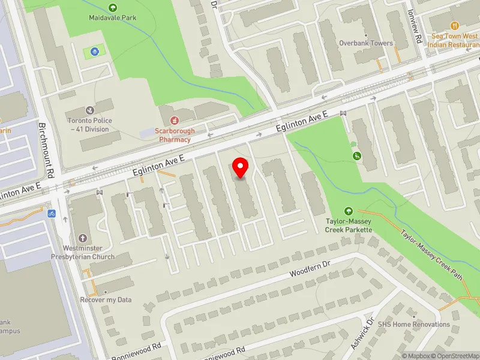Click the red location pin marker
[x=241, y=167]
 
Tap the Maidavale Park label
[x=113, y=18]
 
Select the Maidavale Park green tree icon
[x=113, y=7]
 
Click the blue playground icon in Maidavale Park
[x=94, y=52]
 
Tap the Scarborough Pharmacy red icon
[x=175, y=120]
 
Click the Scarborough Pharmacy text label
[x=175, y=135]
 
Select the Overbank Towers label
[x=365, y=43]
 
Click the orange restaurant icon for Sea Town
[x=454, y=26]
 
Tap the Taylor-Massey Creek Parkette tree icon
[x=349, y=211]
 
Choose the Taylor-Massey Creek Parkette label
[x=349, y=225]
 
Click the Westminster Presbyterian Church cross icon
[x=82, y=237]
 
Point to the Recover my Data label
[x=106, y=299]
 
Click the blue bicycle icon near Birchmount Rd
[x=52, y=214]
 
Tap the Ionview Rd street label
[x=415, y=28]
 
